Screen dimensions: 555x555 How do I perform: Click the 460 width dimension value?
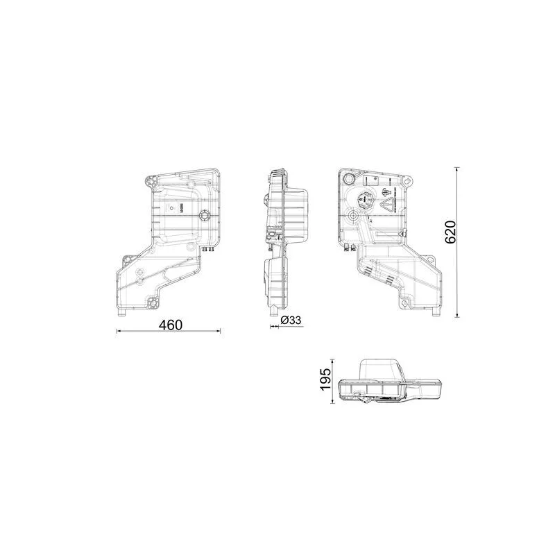click(x=169, y=324)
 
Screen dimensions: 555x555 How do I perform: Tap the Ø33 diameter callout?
click(x=291, y=320)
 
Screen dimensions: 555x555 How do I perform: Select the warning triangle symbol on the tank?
click(x=389, y=204)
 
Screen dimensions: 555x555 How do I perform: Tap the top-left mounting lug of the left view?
click(x=151, y=182)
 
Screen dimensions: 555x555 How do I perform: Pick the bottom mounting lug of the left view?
click(x=153, y=302)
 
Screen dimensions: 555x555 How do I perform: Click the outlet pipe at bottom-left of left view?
click(x=122, y=314)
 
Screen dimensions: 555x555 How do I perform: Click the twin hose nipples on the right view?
click(x=352, y=246)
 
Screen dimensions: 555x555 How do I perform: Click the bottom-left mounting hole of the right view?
click(x=404, y=302)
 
